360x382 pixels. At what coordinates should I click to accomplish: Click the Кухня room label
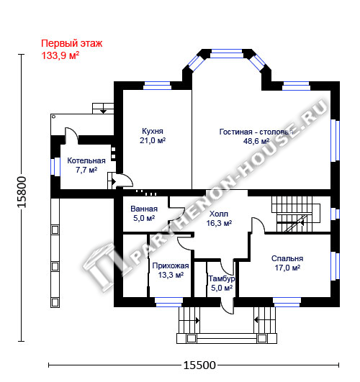pos(153,131)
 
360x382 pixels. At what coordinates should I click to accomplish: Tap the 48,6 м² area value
pos(256,141)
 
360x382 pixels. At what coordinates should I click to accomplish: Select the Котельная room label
pos(86,160)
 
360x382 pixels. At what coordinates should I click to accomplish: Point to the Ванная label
pos(144,209)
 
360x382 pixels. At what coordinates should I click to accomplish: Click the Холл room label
pos(219,214)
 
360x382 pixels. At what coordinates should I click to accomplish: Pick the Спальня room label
pos(287,258)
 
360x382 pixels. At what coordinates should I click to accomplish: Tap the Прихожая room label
pos(171,265)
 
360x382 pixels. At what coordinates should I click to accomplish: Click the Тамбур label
pos(222,278)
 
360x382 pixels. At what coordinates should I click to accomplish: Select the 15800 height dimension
pos(22,192)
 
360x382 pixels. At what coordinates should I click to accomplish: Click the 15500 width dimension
pos(199,365)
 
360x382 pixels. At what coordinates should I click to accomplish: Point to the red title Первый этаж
pos(72,44)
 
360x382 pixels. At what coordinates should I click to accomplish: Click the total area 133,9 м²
pos(60,55)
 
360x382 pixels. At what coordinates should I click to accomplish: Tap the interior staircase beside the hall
pos(296,214)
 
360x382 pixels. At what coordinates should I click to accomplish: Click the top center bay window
pos(227,54)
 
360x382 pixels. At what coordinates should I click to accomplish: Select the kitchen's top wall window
pos(157,86)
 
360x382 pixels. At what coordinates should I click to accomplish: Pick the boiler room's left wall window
pos(55,167)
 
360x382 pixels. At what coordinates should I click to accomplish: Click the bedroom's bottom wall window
pos(287,302)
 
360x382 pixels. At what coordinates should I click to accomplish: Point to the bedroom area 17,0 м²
pos(287,268)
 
